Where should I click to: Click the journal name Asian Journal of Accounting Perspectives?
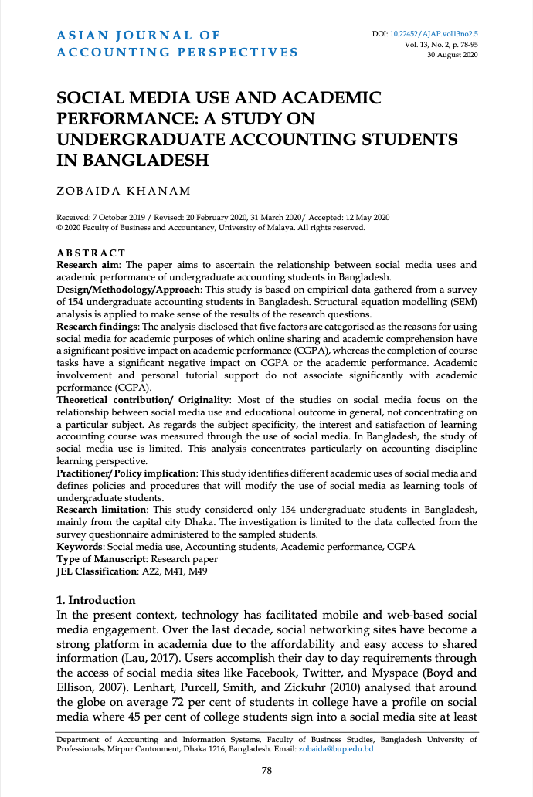pos(178,44)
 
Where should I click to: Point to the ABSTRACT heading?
pos(91,253)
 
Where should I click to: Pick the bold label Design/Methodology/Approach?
pos(127,288)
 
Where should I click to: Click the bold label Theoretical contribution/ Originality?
pos(143,400)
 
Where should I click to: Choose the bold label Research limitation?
pos(102,510)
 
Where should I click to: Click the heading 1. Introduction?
pos(97,600)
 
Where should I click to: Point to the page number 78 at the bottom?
pos(266,770)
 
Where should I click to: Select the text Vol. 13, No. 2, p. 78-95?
pos(441,46)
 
